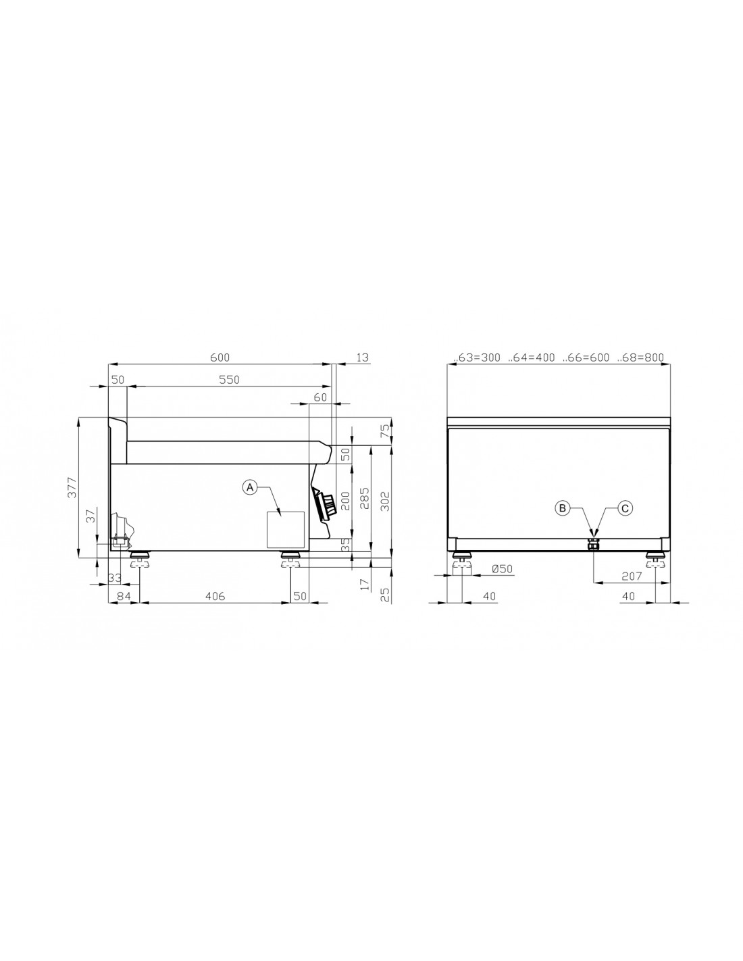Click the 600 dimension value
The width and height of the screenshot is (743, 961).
click(220, 358)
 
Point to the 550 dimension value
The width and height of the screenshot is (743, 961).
click(229, 379)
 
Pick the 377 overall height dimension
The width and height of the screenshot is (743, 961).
click(72, 488)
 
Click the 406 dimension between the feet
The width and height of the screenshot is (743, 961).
click(215, 596)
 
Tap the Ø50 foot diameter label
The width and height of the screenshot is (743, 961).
click(502, 569)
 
